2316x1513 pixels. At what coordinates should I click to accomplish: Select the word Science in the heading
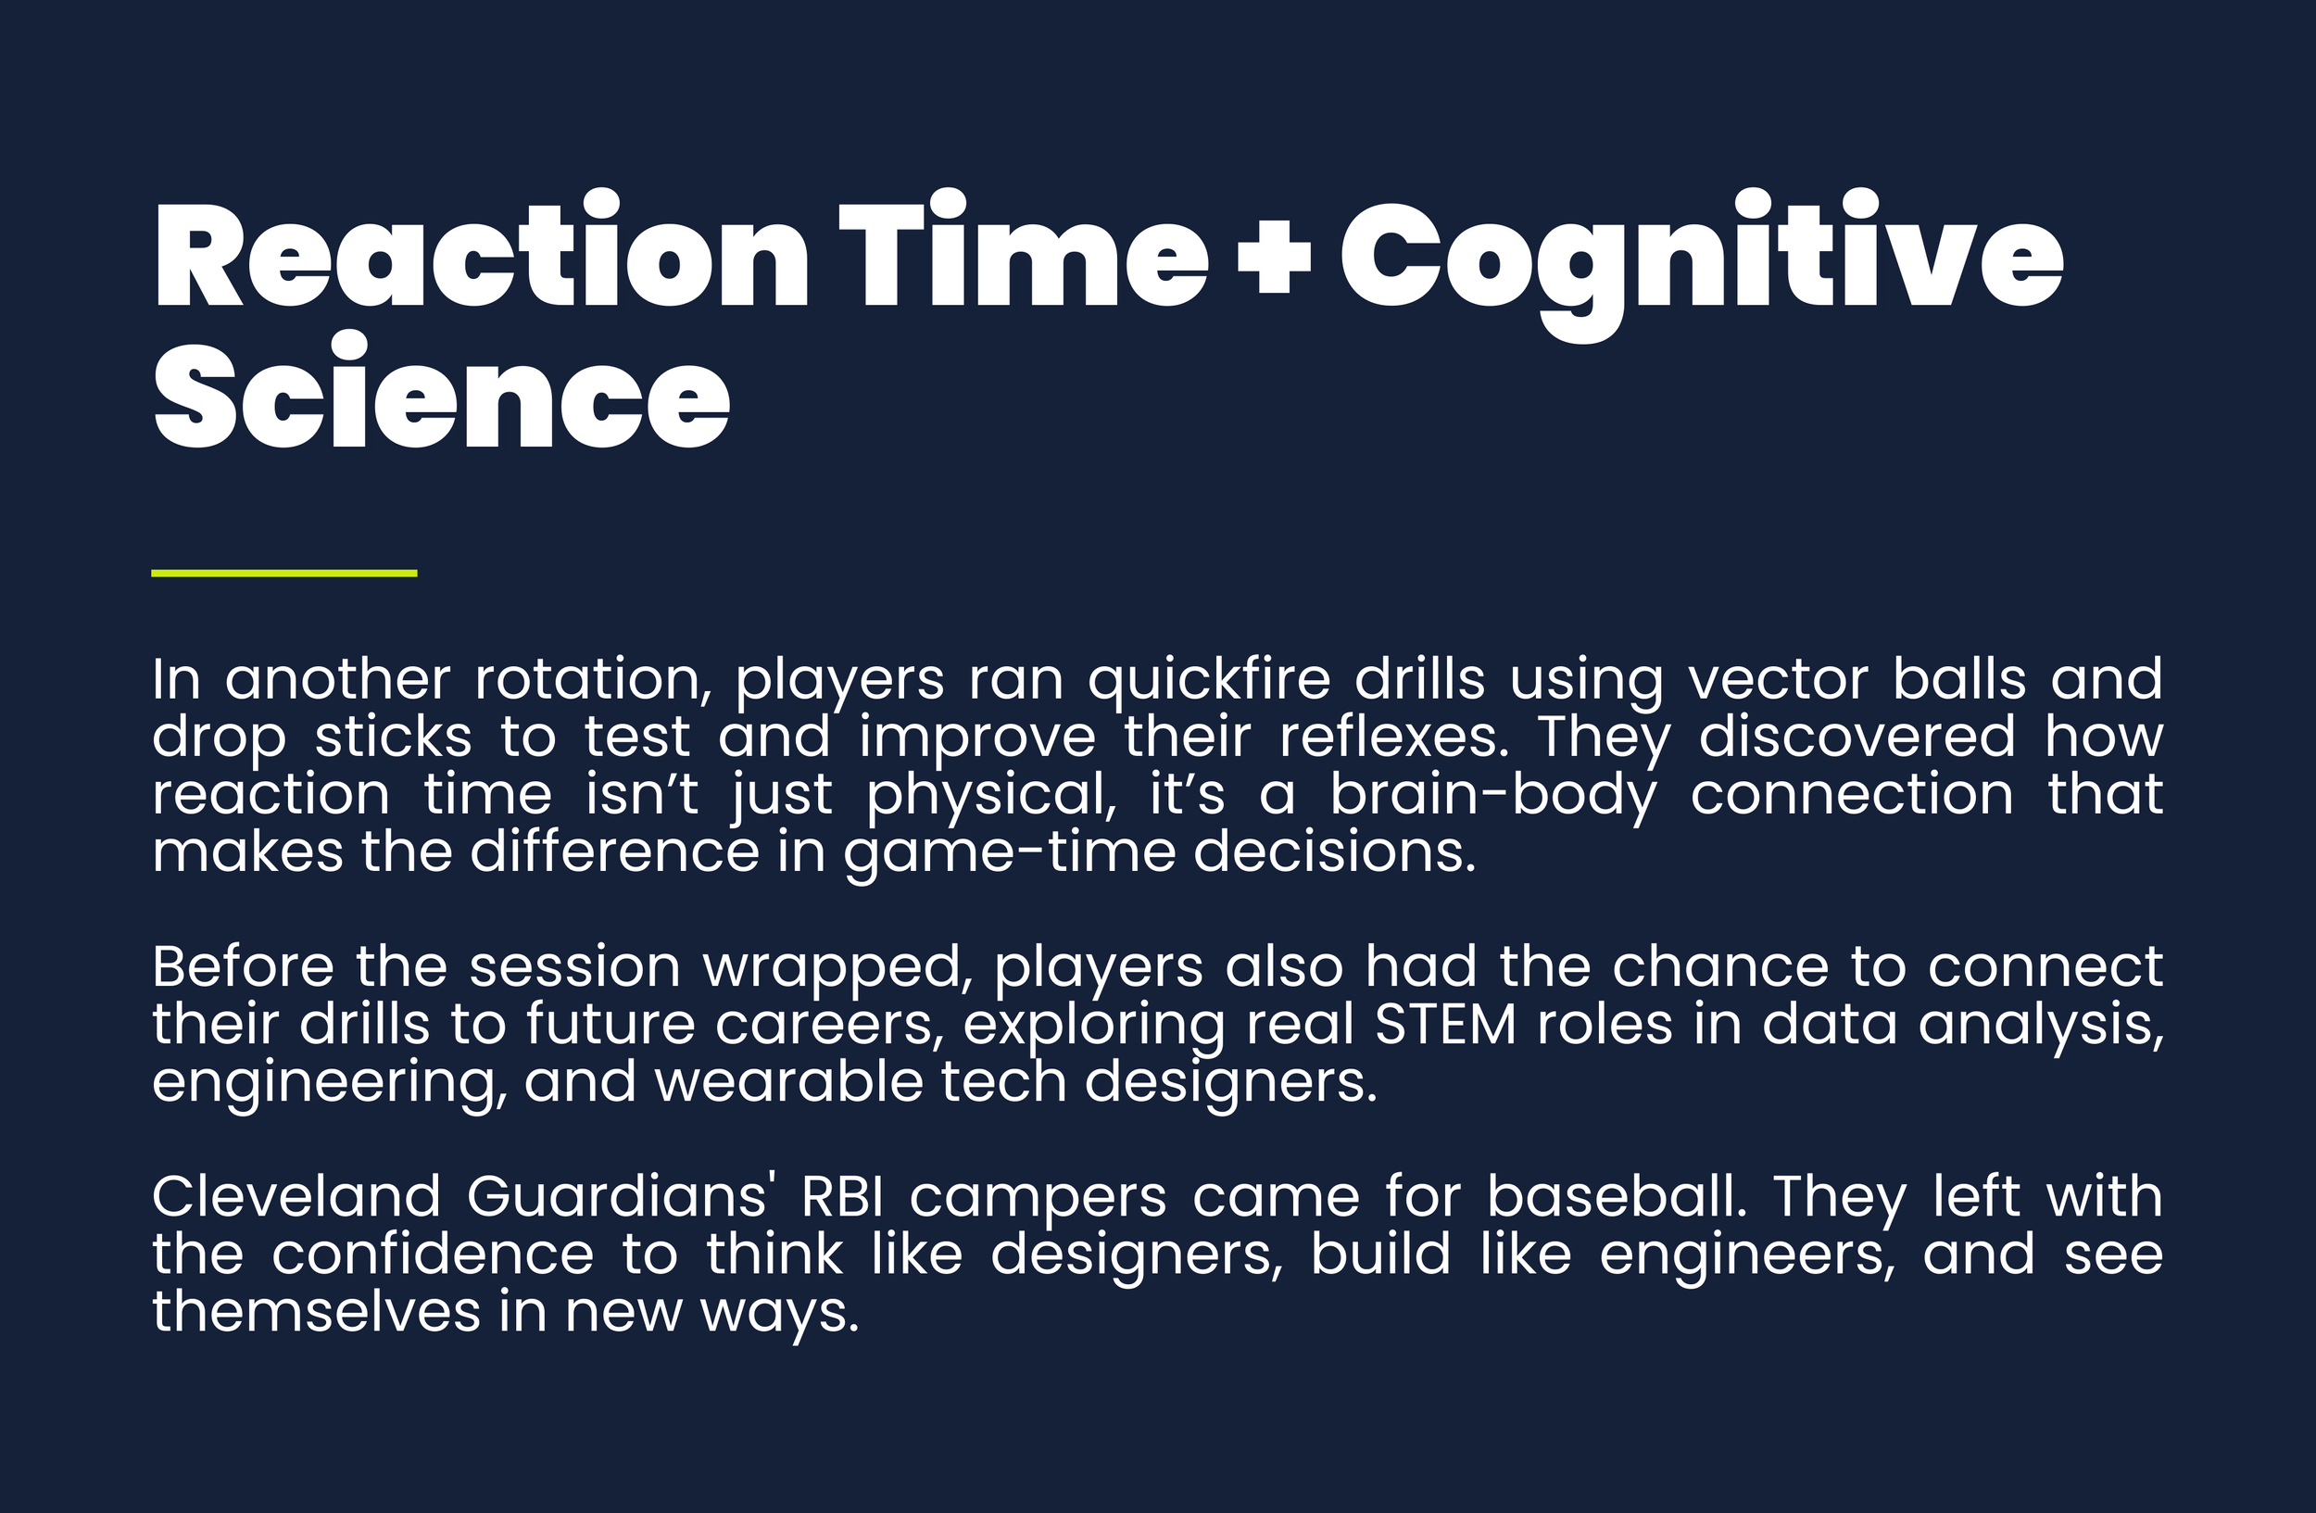pos(441,397)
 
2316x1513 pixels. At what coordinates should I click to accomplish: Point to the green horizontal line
pos(284,574)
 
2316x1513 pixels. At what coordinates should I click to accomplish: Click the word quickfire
pos(1209,680)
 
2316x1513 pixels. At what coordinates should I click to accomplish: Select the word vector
pos(1778,678)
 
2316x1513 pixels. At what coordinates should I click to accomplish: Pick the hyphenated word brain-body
pos(1492,796)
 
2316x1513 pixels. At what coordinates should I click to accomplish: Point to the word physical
pos(990,796)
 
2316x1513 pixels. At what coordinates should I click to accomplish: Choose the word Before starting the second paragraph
pos(243,967)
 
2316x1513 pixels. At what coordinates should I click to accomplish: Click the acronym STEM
pos(1445,1025)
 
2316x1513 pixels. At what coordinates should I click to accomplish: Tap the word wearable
pos(788,1082)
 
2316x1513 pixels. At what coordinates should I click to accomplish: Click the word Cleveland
pos(296,1197)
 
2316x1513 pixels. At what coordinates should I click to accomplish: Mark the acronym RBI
pos(843,1197)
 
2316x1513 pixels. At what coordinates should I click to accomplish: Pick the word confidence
pos(432,1255)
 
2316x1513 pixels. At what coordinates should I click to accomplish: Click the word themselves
pos(316,1312)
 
